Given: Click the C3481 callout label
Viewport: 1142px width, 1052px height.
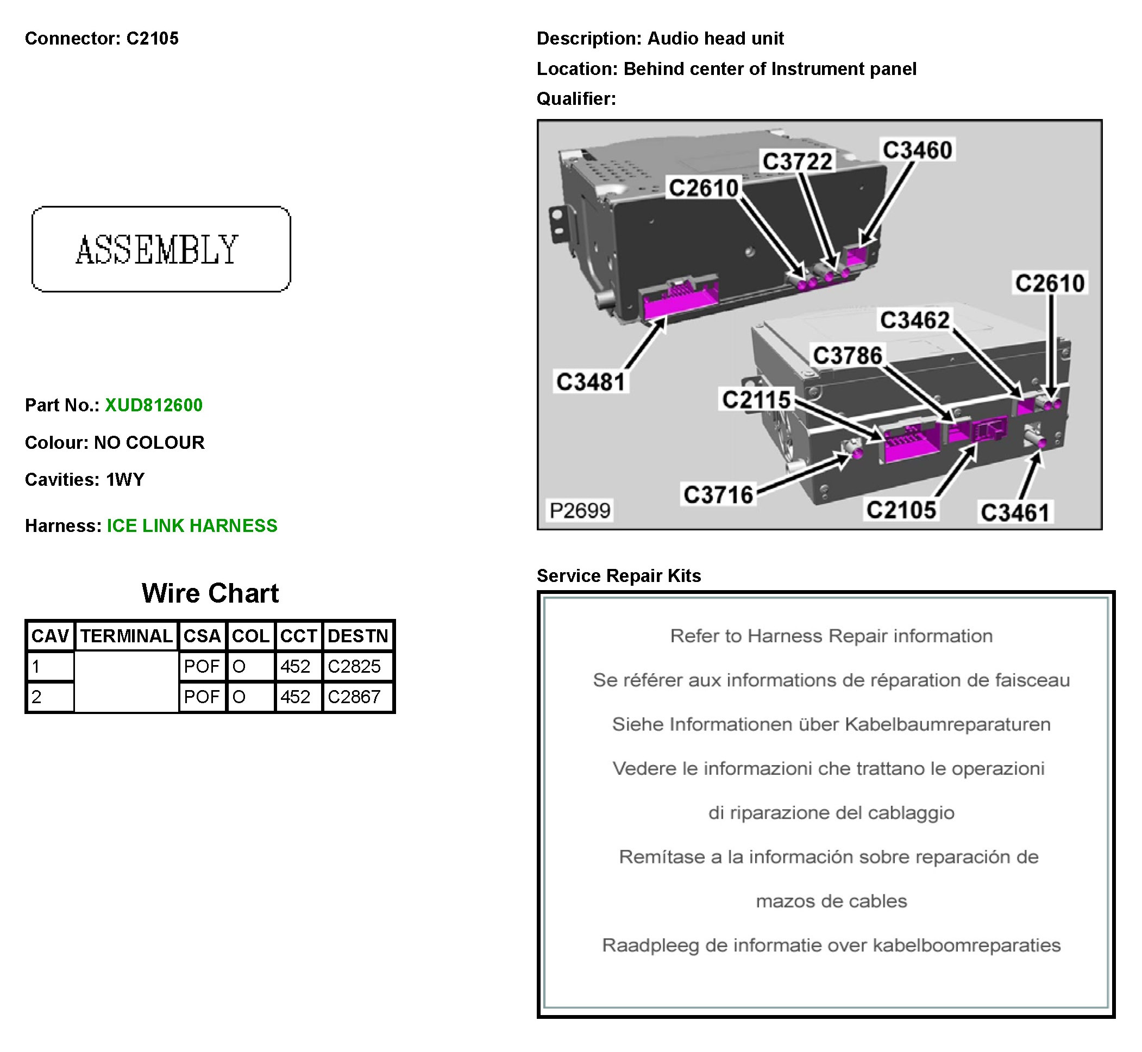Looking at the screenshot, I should (591, 382).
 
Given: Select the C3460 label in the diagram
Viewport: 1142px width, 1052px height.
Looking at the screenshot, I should (917, 151).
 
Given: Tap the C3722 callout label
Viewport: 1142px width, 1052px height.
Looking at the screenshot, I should (797, 162).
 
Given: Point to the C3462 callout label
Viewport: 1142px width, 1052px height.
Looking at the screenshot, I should (914, 320).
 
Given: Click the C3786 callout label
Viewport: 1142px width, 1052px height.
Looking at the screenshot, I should (847, 356).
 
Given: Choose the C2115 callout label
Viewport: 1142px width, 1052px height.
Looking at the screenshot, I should (756, 399).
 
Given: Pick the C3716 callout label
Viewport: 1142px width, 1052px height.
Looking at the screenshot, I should (718, 494).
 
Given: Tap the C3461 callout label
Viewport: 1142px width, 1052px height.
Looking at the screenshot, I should (1014, 512).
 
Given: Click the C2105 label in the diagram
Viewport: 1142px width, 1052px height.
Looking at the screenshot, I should (901, 510).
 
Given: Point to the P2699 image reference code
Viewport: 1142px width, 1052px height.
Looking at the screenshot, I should (580, 511).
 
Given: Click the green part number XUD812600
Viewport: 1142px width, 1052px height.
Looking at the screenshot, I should (154, 405).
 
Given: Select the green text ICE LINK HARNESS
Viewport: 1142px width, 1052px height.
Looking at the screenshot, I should (192, 526).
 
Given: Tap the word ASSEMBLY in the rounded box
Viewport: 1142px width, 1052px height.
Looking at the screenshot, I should (157, 250).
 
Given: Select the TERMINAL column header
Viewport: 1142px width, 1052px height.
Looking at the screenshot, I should (127, 636).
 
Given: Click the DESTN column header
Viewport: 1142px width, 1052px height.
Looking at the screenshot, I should (357, 636).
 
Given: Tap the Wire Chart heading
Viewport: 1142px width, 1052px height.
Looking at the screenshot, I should (210, 593).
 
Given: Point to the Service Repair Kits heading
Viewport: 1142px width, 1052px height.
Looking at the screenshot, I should (619, 575).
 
